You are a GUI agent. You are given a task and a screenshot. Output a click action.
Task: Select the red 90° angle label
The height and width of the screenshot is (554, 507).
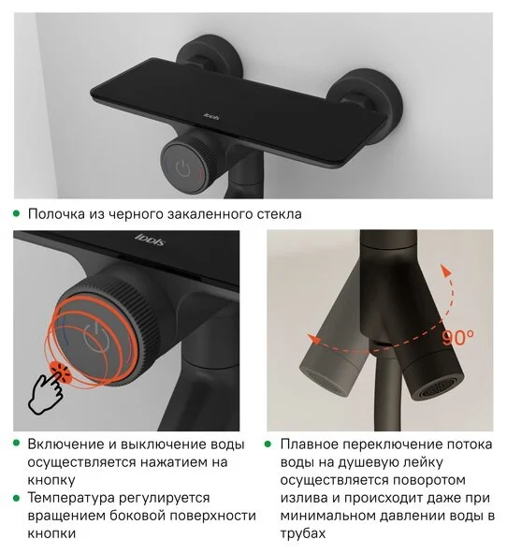click(x=458, y=334)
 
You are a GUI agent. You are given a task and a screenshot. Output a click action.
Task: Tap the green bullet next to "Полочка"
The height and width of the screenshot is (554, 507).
click(x=17, y=214)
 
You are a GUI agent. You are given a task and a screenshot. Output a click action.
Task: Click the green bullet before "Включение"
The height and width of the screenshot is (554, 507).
click(x=17, y=445)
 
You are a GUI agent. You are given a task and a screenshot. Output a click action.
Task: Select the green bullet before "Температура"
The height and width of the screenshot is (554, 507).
click(x=17, y=498)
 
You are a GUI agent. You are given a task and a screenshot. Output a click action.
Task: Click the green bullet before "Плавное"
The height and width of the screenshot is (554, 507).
click(x=269, y=445)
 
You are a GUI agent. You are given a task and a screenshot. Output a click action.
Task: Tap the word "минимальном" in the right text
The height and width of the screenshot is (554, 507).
click(x=329, y=516)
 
